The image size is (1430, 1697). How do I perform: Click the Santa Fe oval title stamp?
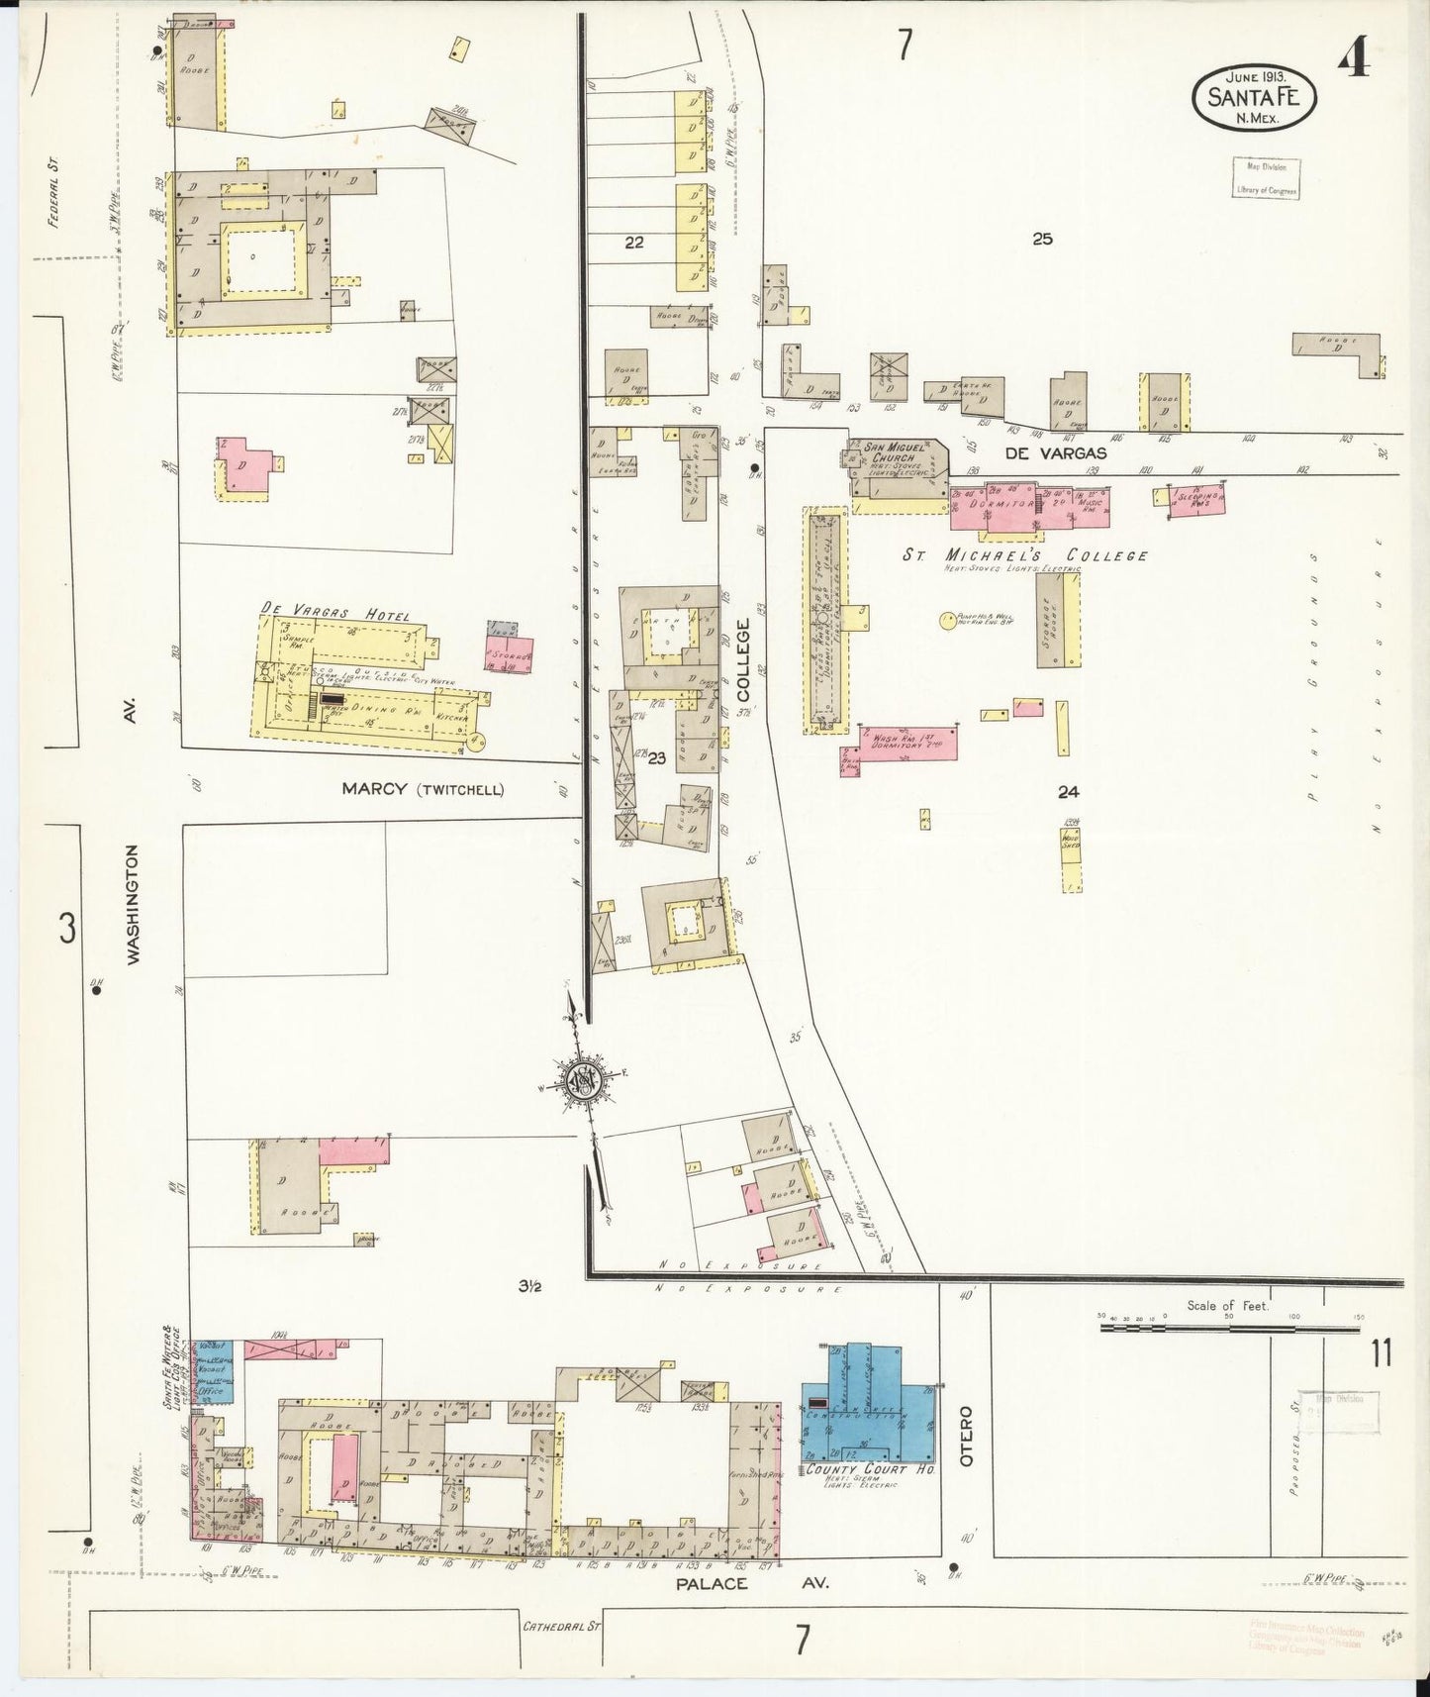pos(1254,97)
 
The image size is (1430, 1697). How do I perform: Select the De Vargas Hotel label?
pos(334,613)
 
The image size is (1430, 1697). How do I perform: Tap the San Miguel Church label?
pos(894,452)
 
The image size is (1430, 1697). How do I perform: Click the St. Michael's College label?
pos(1024,555)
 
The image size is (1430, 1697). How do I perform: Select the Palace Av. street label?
pos(751,1584)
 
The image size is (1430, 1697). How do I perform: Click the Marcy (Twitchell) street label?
pos(423,789)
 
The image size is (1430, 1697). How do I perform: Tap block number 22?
pos(633,242)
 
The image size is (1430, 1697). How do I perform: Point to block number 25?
pos(1041,239)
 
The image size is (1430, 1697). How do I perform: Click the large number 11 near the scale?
pos(1381,1353)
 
